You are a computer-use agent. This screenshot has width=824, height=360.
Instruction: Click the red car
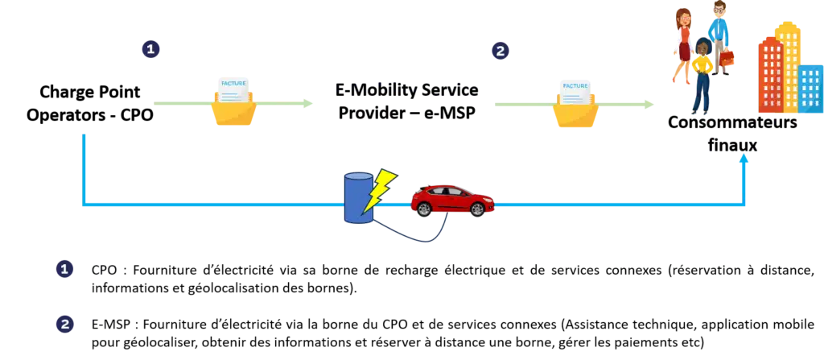(451, 200)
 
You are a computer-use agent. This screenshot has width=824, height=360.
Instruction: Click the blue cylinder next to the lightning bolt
(357, 198)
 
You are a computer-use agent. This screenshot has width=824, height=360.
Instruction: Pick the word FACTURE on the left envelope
(233, 84)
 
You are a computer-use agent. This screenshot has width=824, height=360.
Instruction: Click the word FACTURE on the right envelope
(575, 85)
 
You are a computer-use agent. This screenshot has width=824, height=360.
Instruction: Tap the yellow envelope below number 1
(234, 111)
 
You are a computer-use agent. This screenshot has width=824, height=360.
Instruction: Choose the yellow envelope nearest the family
(575, 113)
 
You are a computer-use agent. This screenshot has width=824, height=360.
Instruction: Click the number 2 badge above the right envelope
(500, 51)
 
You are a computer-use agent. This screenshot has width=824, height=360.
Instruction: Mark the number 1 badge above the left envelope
(150, 48)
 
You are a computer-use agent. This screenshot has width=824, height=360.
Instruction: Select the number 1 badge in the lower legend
(64, 269)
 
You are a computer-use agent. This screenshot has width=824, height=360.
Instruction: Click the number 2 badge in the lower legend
(65, 324)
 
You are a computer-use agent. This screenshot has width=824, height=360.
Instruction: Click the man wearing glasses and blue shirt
(718, 32)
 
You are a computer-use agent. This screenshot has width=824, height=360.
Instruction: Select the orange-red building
(770, 77)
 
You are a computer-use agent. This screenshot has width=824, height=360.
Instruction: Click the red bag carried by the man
(727, 60)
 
